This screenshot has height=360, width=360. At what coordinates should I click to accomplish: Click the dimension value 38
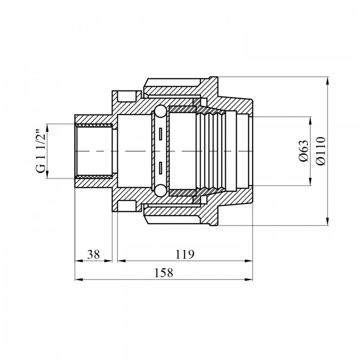(94, 255)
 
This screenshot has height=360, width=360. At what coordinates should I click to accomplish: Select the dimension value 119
(185, 255)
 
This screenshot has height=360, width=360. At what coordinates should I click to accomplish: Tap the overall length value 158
(164, 273)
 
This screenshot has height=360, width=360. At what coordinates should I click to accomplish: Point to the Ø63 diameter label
(304, 151)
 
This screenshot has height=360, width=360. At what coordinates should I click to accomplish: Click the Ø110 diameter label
(321, 151)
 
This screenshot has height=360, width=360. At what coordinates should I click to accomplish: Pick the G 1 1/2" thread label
(41, 151)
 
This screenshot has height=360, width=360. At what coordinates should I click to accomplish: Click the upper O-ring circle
(160, 112)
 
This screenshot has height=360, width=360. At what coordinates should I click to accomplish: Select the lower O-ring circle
(160, 191)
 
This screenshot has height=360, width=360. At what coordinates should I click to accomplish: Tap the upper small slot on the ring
(160, 134)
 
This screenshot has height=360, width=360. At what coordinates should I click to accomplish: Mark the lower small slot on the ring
(160, 168)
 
